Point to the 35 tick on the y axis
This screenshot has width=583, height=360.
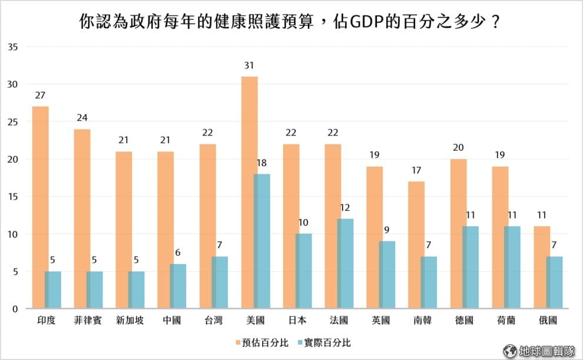point(15,47)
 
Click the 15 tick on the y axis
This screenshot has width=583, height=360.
point(15,196)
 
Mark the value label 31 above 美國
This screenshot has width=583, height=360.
point(249,65)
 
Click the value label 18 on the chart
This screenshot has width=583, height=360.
point(262,162)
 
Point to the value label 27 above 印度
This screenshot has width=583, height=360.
point(40,95)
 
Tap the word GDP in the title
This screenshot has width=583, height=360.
point(370,24)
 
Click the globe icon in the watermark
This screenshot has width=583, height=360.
point(510,351)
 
